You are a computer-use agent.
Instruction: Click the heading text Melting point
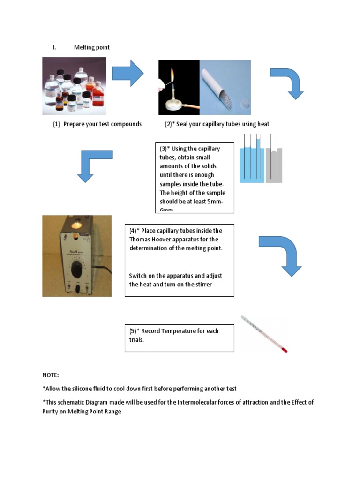pos(92,47)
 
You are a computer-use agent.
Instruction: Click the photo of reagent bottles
pos(74,86)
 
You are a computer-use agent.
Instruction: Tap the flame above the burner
pos(172,75)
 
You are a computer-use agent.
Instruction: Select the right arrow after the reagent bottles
pos(128,73)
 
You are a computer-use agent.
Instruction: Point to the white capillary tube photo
pos(225,87)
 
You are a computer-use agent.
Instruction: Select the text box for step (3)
pos(195,178)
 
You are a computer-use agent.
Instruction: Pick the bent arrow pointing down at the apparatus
pos(93,165)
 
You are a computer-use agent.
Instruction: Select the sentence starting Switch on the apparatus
pos(175,280)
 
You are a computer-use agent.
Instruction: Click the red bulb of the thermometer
pos(285,350)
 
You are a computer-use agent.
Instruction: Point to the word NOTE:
pos(51,375)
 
